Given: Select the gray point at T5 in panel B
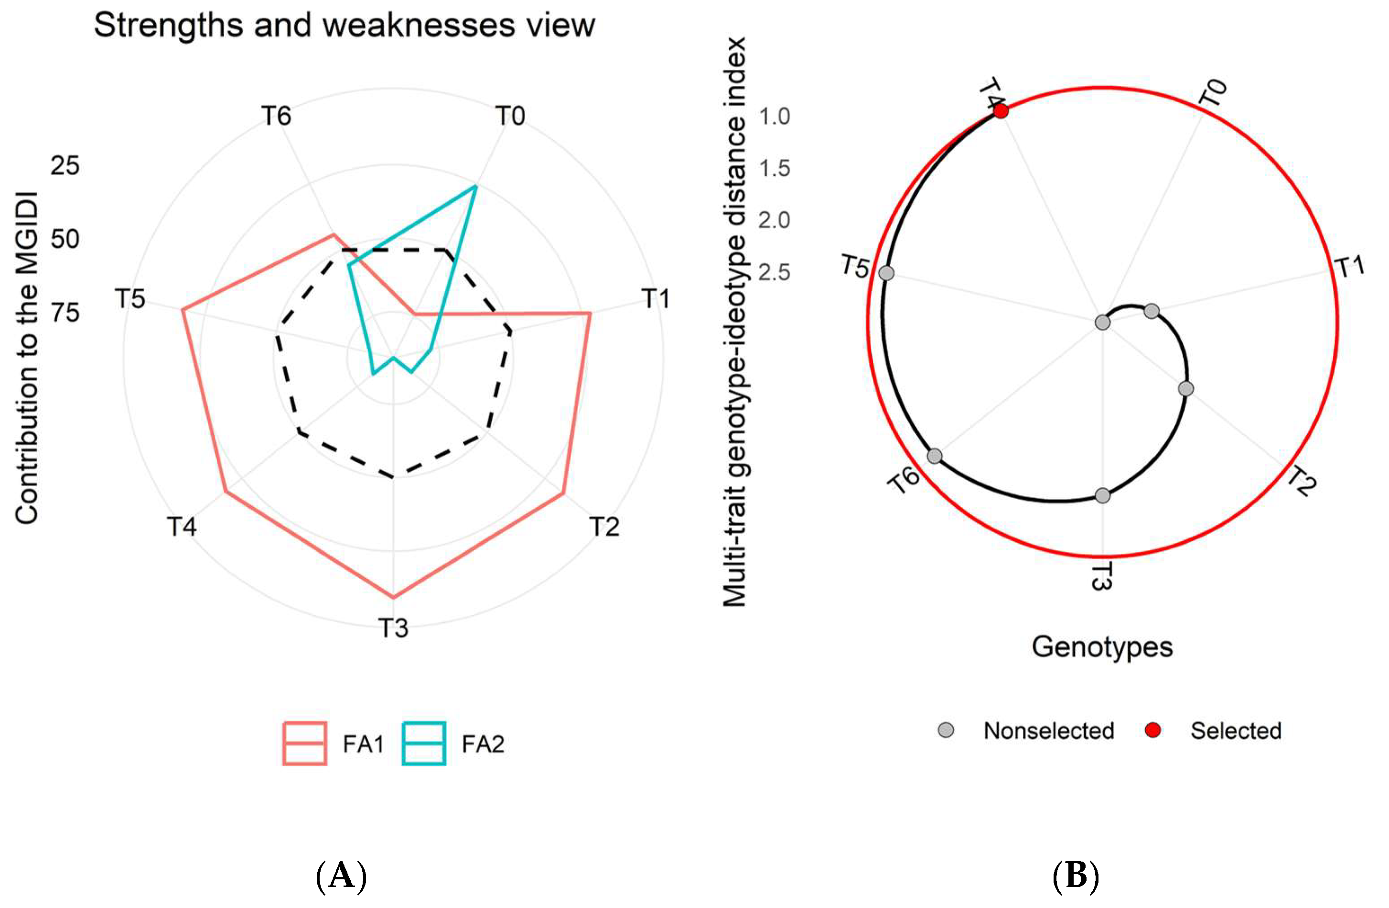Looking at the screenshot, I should pyautogui.click(x=886, y=273).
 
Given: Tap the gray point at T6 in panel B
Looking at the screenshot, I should pyautogui.click(x=935, y=456).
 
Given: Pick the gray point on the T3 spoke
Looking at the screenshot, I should pyautogui.click(x=1102, y=496).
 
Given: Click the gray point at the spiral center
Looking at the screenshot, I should pyautogui.click(x=1102, y=322).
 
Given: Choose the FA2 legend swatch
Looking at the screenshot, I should pyautogui.click(x=424, y=744).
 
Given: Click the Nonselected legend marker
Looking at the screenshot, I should pyautogui.click(x=946, y=731).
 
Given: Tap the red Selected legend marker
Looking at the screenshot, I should pyautogui.click(x=1152, y=731).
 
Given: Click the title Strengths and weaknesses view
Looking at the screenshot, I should pyautogui.click(x=345, y=25).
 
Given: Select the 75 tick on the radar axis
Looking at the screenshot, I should pyautogui.click(x=65, y=313).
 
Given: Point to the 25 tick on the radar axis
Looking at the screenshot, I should pyautogui.click(x=65, y=166).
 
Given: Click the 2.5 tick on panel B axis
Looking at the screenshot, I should pyautogui.click(x=774, y=272).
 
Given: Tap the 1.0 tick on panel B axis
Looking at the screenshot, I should pyautogui.click(x=774, y=116).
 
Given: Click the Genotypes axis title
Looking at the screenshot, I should pyautogui.click(x=1102, y=647).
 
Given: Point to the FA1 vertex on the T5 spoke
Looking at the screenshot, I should pyautogui.click(x=182, y=309).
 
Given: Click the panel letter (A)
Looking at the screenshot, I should pyautogui.click(x=342, y=876).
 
